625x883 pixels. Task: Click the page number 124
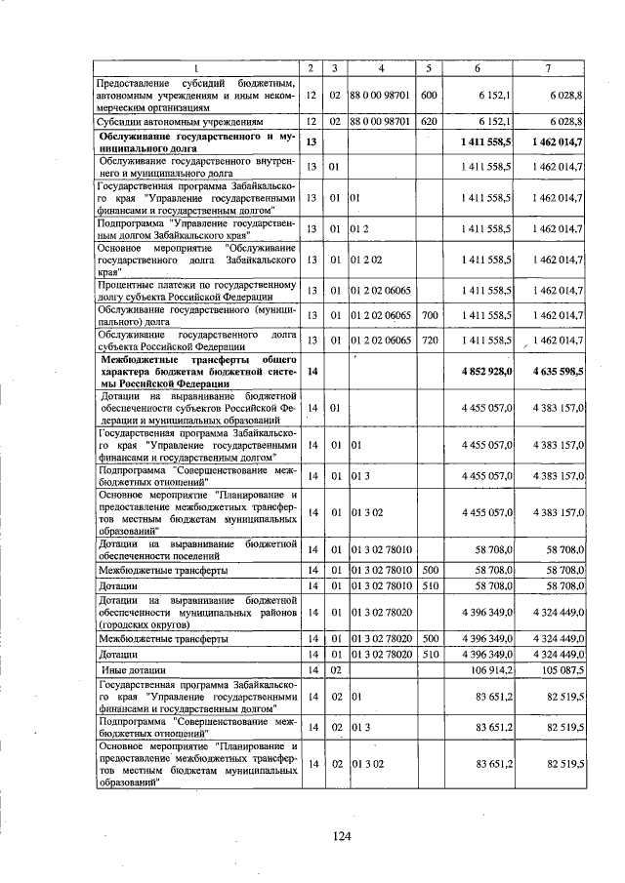point(341,835)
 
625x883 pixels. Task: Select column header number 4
point(381,67)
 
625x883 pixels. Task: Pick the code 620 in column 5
point(428,122)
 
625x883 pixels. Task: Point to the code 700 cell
point(428,315)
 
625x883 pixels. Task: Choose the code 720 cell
point(428,340)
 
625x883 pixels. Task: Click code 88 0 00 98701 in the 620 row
point(381,122)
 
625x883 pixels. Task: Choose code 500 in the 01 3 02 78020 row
point(428,638)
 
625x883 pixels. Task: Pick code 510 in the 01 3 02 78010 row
point(428,585)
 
